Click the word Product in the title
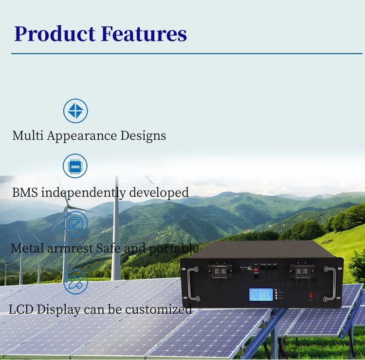pyautogui.click(x=55, y=34)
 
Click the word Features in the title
pyautogui.click(x=144, y=34)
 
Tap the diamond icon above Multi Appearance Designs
pyautogui.click(x=75, y=111)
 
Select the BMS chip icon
pyautogui.click(x=75, y=166)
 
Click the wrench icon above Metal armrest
pyautogui.click(x=75, y=223)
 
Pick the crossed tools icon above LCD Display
pyautogui.click(x=75, y=282)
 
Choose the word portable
pyautogui.click(x=173, y=248)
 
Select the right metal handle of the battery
pyautogui.click(x=332, y=284)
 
